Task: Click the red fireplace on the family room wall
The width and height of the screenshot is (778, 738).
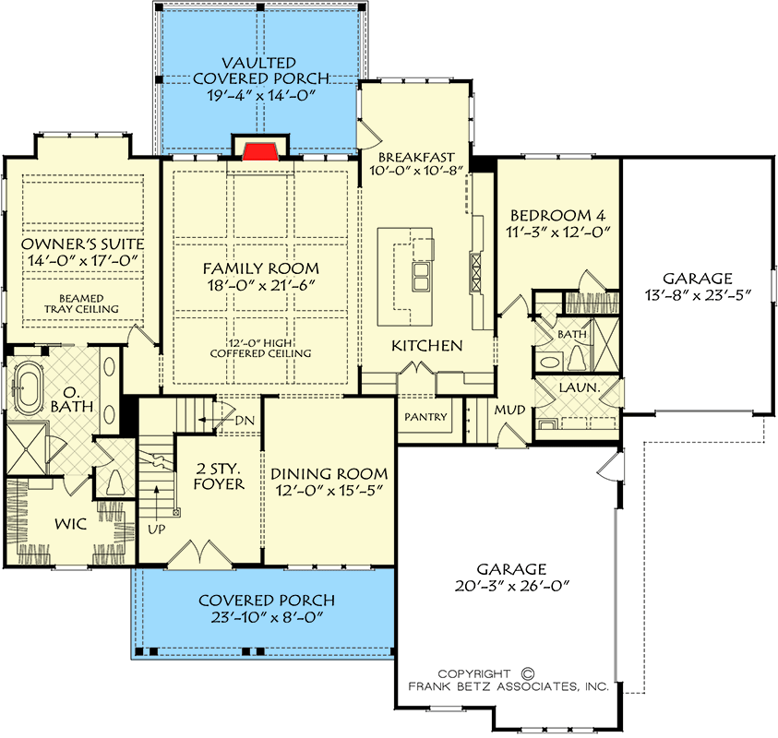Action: click(260, 151)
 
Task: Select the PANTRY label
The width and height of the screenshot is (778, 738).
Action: click(425, 417)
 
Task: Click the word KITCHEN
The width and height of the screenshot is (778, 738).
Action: click(426, 346)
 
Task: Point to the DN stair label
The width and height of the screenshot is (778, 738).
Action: click(245, 421)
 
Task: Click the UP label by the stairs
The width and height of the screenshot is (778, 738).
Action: click(157, 530)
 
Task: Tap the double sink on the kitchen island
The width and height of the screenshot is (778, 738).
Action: click(420, 276)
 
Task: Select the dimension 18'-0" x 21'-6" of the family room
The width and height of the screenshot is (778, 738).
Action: click(261, 285)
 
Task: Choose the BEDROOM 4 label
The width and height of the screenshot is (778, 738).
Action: click(557, 216)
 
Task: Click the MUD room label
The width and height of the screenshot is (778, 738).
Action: click(509, 410)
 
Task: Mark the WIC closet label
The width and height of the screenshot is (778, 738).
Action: click(70, 524)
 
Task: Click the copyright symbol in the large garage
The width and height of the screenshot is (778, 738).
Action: click(528, 673)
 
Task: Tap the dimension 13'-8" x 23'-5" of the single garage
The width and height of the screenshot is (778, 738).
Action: click(698, 295)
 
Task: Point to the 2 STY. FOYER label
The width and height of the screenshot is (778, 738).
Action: click(219, 476)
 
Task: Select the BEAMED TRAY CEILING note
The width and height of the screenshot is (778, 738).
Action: click(81, 304)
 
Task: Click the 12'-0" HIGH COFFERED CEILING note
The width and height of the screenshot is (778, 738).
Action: click(260, 348)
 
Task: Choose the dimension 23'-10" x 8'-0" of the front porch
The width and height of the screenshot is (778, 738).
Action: click(267, 617)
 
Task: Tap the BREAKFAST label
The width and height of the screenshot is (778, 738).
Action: click(416, 157)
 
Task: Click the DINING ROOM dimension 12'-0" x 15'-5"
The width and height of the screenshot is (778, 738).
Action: click(329, 491)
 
